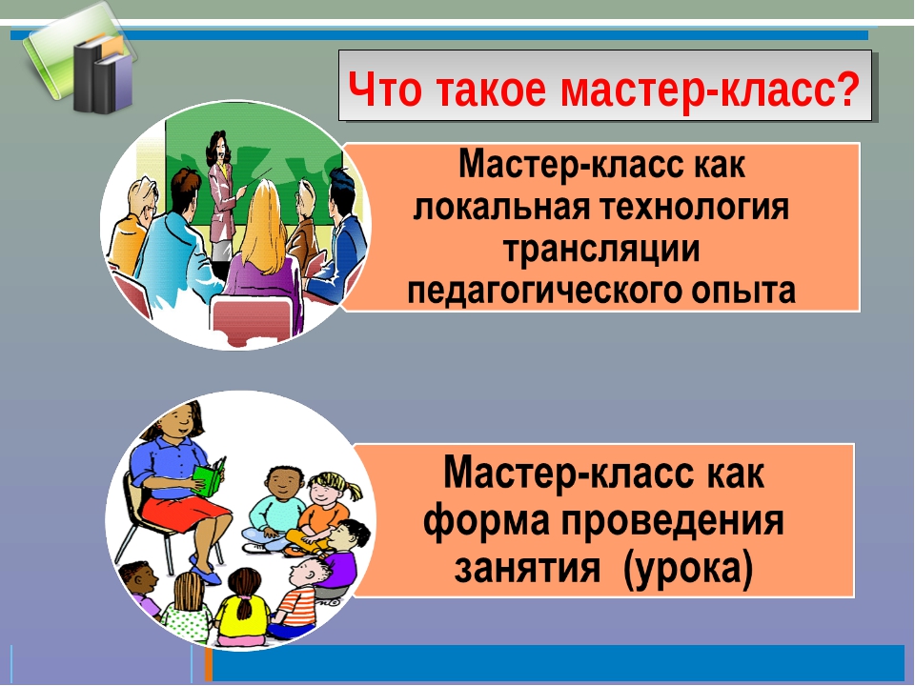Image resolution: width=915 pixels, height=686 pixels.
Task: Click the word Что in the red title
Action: tap(384, 89)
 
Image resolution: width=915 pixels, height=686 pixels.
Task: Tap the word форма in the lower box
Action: tap(486, 520)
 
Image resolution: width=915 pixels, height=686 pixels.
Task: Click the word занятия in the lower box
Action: tap(527, 567)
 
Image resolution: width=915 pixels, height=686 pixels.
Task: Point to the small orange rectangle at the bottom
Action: tap(209, 664)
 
